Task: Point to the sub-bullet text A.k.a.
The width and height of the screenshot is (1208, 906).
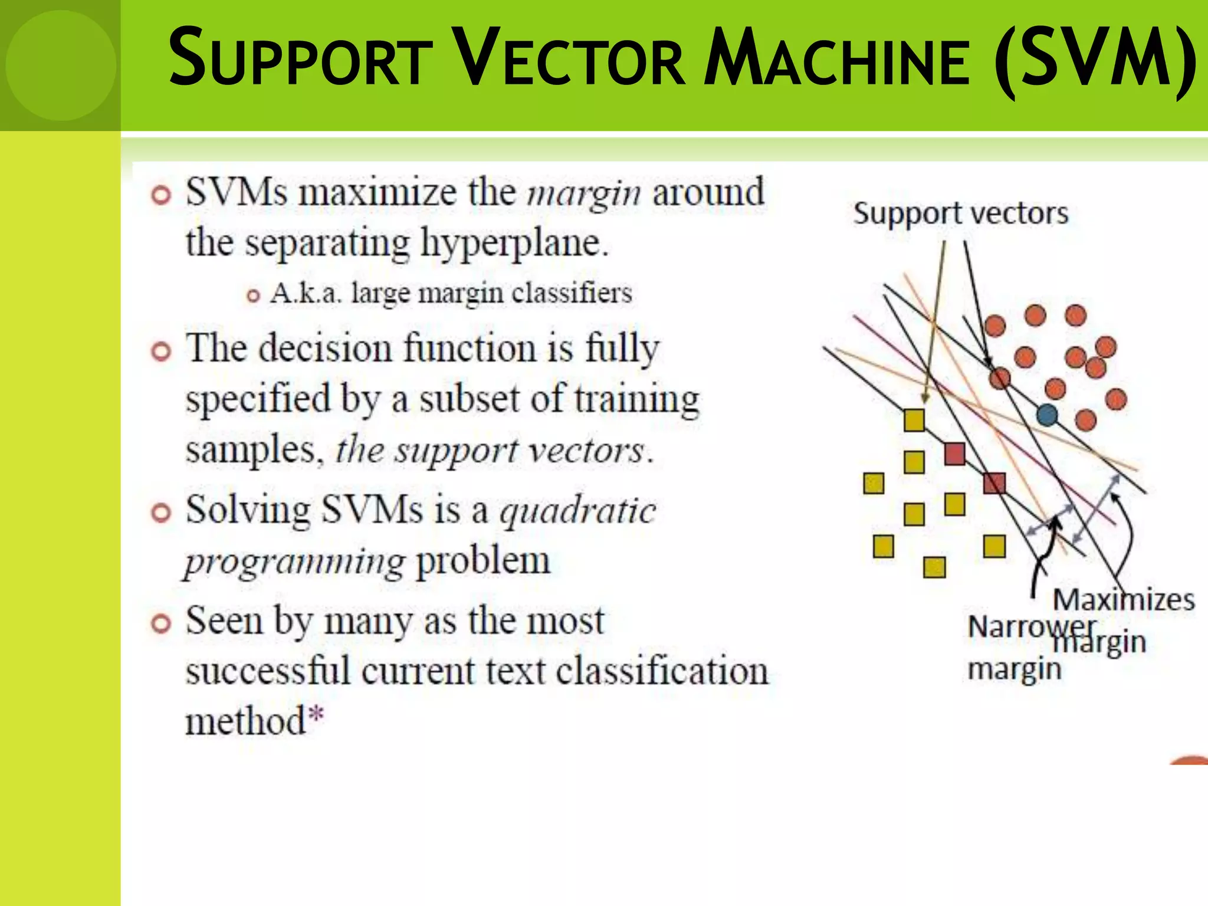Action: coord(306,293)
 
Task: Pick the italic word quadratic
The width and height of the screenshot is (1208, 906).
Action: coord(577,511)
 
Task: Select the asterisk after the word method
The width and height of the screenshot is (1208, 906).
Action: coord(317,714)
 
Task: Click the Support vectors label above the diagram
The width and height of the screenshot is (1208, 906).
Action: coord(960,213)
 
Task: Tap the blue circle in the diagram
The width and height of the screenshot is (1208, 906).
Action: coord(1047,415)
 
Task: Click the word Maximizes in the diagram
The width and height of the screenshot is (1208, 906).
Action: coord(1124,600)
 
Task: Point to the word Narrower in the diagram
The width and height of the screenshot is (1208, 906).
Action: coord(1032,626)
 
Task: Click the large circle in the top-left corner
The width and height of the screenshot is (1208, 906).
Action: coord(61,65)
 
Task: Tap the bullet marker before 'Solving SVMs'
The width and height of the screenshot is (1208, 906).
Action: coord(161,513)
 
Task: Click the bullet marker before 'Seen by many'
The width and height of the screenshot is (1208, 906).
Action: coord(161,623)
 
